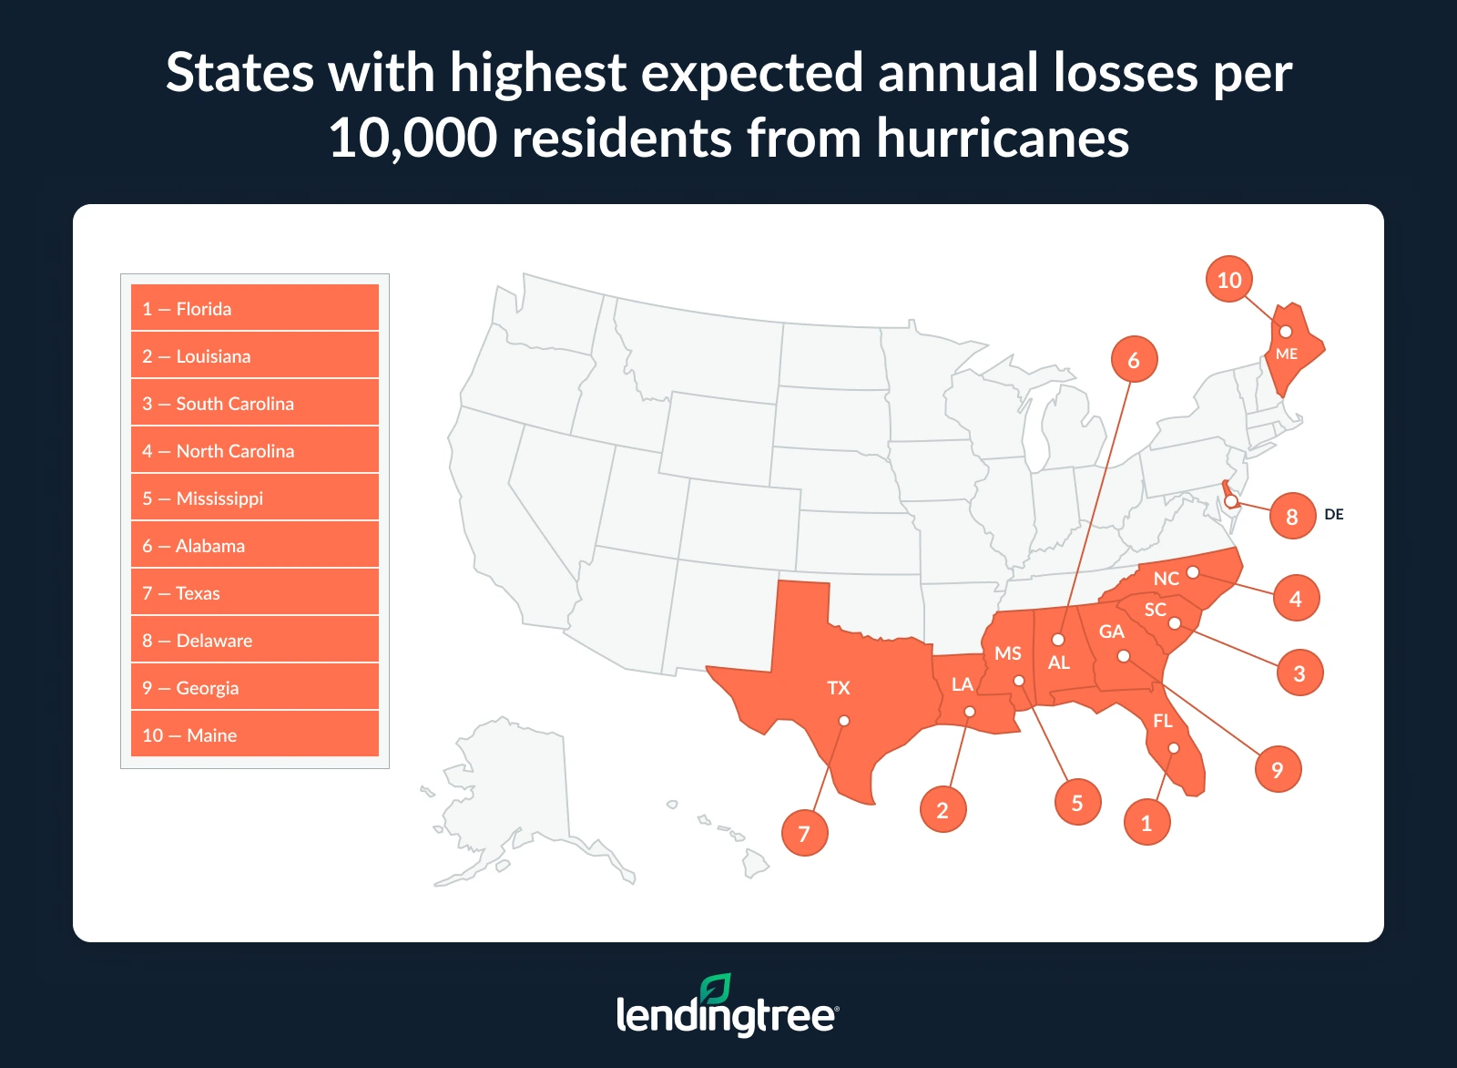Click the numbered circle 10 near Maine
1228,280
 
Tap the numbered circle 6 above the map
1134,360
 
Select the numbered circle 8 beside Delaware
1292,517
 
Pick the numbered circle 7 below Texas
804,833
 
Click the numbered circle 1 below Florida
1146,823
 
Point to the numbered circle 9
1278,770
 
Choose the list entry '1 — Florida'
255,308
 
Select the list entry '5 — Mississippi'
255,498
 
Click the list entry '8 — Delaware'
255,640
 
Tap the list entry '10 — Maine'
255,734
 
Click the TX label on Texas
839,688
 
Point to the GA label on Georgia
1112,632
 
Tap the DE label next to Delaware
1334,515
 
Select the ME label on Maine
1287,354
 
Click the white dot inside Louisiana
970,712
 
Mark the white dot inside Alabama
1058,640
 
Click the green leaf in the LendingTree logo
716,990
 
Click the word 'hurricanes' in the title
1003,139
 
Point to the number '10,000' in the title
413,139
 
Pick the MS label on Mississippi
1008,653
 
